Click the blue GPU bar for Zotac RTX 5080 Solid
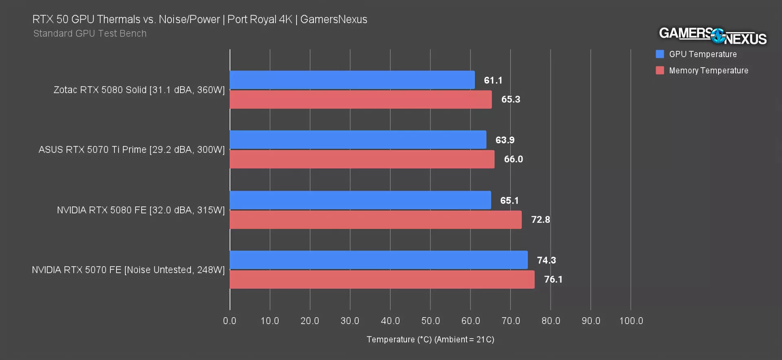[x=352, y=80]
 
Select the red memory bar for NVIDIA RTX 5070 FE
[x=382, y=279]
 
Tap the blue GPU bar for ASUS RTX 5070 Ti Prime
[x=358, y=140]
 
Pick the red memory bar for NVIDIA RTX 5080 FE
[x=376, y=220]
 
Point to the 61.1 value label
[x=493, y=80]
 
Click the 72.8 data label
[x=540, y=220]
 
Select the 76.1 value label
[x=553, y=279]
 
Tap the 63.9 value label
[x=505, y=140]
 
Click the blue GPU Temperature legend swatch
[x=660, y=54]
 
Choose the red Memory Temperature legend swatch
[x=660, y=70]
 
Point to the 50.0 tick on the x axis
[x=431, y=321]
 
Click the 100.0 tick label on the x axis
[x=631, y=321]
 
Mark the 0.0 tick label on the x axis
[x=230, y=321]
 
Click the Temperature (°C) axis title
[x=430, y=340]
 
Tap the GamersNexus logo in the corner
[x=713, y=36]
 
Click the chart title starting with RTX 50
[x=200, y=20]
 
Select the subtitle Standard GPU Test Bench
[x=90, y=33]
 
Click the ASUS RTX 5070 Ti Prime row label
[x=132, y=150]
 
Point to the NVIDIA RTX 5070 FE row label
[x=128, y=270]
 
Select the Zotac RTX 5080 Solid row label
[x=139, y=90]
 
